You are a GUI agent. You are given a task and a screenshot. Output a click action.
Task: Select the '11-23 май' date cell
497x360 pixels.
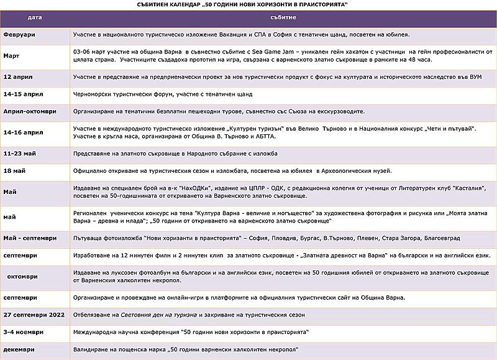coord(21,152)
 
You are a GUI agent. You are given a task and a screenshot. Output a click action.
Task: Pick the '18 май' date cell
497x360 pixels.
coord(15,170)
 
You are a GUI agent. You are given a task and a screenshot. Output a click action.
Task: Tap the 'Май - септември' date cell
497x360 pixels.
coord(30,238)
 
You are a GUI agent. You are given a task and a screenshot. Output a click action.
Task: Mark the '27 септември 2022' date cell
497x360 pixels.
coord(34,315)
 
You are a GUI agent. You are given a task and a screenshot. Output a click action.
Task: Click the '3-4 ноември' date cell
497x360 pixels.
coord(23,332)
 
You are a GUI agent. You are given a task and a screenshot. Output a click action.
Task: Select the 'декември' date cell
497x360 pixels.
coord(19,349)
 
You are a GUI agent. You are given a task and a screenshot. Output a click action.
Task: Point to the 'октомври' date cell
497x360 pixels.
coord(23,276)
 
